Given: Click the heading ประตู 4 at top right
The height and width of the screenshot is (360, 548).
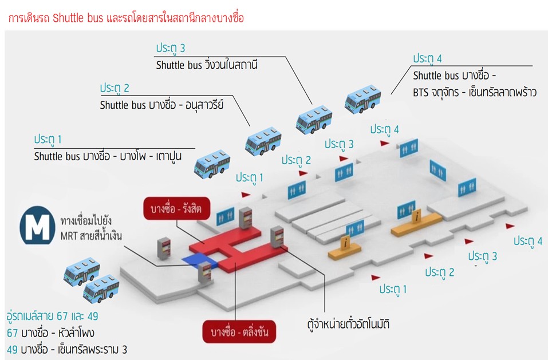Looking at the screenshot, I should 427,59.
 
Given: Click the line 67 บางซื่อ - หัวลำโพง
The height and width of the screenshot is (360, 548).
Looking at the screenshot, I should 50,333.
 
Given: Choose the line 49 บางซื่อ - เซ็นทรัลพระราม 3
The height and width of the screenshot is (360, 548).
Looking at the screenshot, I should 66,349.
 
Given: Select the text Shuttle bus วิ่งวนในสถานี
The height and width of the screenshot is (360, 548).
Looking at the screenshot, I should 207,65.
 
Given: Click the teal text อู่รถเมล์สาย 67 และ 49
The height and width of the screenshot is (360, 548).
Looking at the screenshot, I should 53,317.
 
